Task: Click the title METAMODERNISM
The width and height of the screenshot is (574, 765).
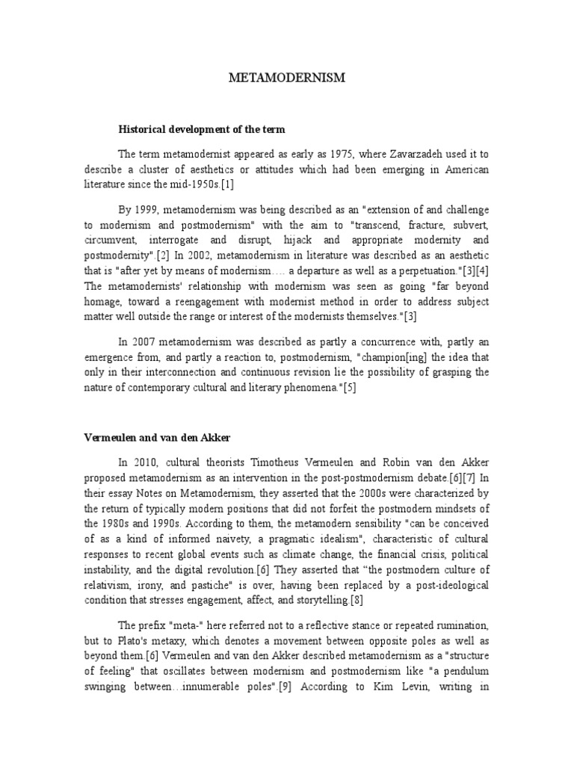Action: coord(287,78)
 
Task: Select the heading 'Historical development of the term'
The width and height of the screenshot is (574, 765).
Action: coord(202,129)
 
